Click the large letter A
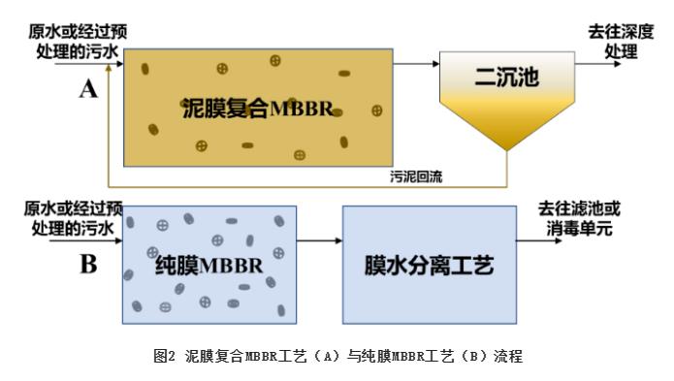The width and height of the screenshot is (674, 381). coord(88,89)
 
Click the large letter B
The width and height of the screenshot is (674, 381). coord(88,264)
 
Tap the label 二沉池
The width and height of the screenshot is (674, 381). coord(506,78)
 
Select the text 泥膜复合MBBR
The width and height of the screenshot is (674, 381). coord(258,109)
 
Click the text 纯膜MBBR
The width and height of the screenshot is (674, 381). coord(209,265)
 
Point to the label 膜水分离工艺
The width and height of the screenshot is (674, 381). coord(429,265)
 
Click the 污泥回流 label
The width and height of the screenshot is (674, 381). coord(416,176)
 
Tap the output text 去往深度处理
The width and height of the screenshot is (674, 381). coord(621,42)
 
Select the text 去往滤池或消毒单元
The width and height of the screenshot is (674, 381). coord(579,219)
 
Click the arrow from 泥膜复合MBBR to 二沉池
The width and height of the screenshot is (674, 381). coord(416,64)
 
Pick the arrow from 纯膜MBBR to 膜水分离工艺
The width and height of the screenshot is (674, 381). coord(319,240)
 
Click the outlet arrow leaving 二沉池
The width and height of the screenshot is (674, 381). coord(598,64)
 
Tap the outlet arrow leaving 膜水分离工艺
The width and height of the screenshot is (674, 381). coord(539,240)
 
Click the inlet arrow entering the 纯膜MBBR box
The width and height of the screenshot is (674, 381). coord(86,240)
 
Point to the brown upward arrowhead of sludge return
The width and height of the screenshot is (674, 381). coord(109,68)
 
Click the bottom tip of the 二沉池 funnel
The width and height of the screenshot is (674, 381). coord(507,151)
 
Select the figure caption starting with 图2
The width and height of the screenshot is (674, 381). coord(337,356)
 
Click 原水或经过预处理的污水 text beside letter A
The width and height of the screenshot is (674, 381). coord(78,42)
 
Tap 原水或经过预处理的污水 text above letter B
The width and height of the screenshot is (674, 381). coord(73,219)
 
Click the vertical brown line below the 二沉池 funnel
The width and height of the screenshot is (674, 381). coord(507,169)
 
